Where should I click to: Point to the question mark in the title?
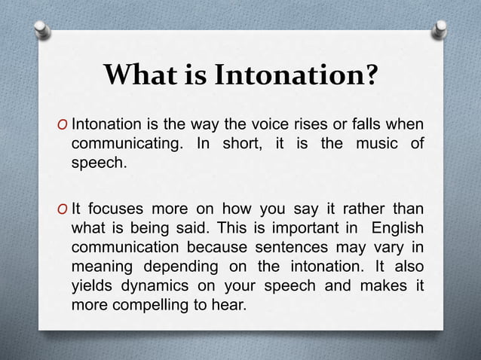(x=370, y=77)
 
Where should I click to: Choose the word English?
(x=393, y=228)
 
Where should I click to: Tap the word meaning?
(x=102, y=267)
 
